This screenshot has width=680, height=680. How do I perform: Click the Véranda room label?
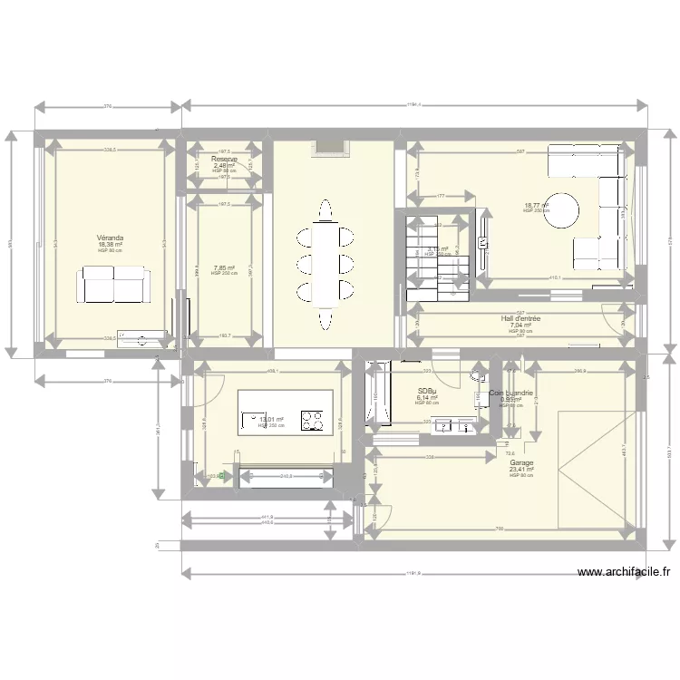[111, 238]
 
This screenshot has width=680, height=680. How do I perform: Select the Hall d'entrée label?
[520, 319]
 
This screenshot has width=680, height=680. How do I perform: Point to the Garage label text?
[521, 462]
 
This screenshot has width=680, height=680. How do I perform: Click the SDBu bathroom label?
[428, 392]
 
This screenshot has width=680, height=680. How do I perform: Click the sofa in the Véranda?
[114, 285]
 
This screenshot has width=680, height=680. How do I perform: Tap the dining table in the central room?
[325, 264]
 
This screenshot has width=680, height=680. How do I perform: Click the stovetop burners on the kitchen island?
[313, 420]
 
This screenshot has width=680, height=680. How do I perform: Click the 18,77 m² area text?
[537, 206]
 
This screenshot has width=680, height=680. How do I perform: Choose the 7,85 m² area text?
[224, 268]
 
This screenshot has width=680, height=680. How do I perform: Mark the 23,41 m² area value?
[521, 470]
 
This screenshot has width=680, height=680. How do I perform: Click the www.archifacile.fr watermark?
[625, 572]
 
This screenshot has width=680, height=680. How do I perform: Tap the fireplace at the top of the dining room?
[329, 146]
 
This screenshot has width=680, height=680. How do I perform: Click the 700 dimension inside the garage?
[499, 529]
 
